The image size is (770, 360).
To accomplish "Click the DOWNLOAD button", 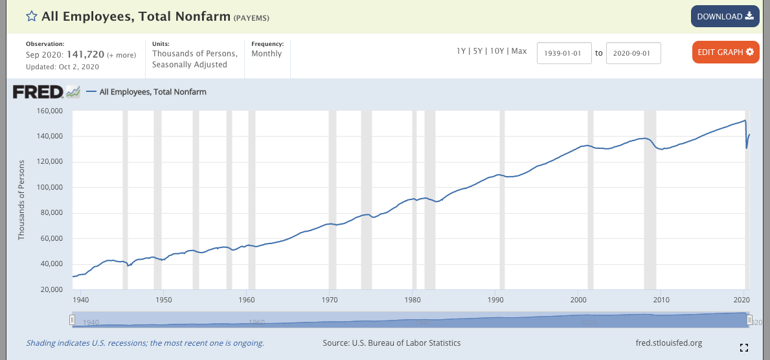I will point(725,16).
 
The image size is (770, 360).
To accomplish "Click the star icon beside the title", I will point(31,16).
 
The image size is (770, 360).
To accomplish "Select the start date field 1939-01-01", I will point(564,52).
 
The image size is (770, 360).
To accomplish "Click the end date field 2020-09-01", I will point(633,52).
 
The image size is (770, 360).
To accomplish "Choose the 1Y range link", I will point(462,51).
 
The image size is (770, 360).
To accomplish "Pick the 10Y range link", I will point(496,51).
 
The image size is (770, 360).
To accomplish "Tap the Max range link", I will point(519,51).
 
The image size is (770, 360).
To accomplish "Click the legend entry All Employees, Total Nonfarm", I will point(153,92).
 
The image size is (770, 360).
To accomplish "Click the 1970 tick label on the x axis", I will point(330,300).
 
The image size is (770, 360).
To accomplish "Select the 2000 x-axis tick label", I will point(578,300).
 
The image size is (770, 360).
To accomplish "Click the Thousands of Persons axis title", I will point(21,200).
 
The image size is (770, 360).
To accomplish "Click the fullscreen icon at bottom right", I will point(743,347).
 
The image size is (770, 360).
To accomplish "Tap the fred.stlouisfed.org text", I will point(670,343).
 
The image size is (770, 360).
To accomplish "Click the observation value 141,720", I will point(85,55).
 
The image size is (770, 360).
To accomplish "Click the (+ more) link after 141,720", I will point(122,55).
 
